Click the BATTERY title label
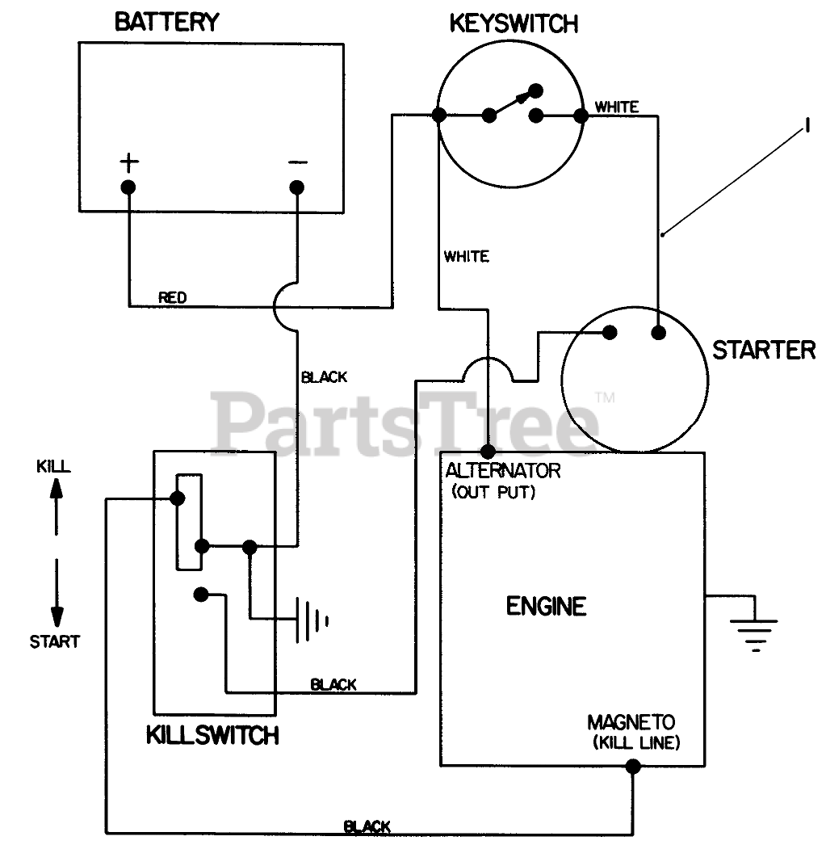coord(167,22)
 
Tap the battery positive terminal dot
coord(128,187)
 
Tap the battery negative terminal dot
coord(296,187)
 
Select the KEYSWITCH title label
coord(514,23)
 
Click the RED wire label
coord(172,297)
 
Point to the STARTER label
coord(764,350)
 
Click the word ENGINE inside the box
coord(546,606)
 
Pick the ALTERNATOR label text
coord(503,470)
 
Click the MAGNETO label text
coord(631,721)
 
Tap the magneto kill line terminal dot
coord(633,766)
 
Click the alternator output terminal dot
coord(488,451)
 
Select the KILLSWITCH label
coord(212,735)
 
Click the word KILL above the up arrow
coord(53,466)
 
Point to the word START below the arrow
coord(55,641)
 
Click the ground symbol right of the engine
coord(754,629)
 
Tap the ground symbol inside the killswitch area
coord(312,620)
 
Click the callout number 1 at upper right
coord(807,126)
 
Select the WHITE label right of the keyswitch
coord(617,107)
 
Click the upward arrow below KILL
coord(57,506)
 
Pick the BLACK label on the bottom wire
coord(367,827)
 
